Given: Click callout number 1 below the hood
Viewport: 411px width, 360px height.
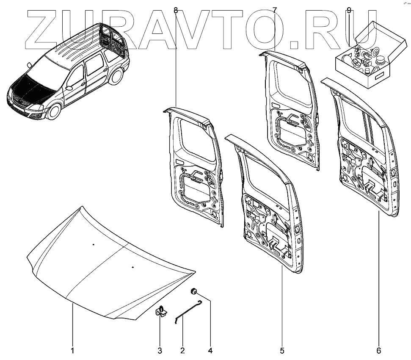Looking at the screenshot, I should (72, 351).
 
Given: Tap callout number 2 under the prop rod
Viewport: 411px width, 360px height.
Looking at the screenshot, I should (182, 351).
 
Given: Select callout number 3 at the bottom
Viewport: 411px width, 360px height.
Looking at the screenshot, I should (160, 351).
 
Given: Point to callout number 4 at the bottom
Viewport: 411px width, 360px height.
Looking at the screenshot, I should (210, 351).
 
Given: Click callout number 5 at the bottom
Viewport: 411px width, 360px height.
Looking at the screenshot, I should (282, 351).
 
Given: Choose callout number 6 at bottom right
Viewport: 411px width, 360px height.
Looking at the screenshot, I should (378, 351).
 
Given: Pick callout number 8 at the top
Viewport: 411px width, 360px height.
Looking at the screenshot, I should (176, 10).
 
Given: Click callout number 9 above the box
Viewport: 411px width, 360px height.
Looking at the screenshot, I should (349, 10).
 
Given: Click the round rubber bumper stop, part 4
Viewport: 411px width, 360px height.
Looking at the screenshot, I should (193, 291).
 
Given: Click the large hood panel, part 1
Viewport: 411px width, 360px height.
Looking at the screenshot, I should (106, 263).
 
